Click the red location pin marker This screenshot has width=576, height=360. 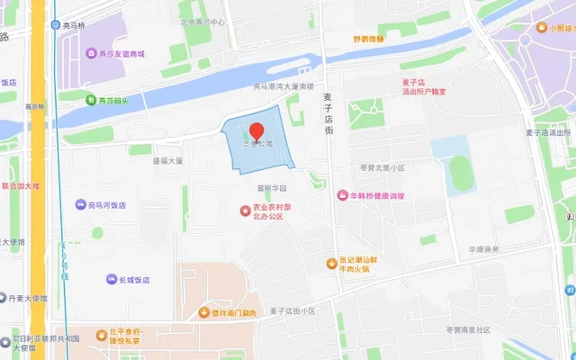[256, 132]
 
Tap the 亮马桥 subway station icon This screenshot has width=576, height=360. [56, 26]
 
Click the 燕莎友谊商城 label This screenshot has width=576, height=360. [126, 54]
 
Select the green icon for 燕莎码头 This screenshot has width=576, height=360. [91, 99]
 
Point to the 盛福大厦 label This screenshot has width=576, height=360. [167, 161]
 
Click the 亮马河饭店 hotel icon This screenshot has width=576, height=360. [80, 205]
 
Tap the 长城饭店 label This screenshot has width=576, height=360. [134, 280]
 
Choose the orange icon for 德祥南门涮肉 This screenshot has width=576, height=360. [203, 312]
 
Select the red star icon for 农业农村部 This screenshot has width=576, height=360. [245, 210]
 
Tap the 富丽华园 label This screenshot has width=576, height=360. [271, 189]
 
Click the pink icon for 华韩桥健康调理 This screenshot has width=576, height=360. [342, 195]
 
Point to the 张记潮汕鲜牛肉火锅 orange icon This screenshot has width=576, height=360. [331, 263]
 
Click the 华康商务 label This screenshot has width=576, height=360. [483, 249]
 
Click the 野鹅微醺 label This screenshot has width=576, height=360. [369, 39]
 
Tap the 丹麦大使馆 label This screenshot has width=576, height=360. [28, 297]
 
